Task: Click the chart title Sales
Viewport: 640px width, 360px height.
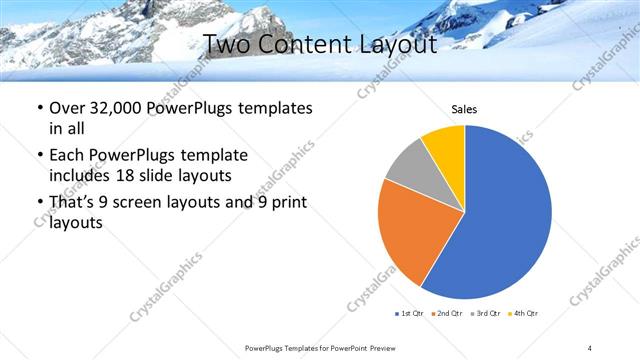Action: click(x=464, y=109)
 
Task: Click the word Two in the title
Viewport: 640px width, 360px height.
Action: click(x=229, y=44)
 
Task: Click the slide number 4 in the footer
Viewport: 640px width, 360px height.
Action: click(x=590, y=347)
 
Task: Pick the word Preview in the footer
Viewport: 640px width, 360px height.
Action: click(x=391, y=347)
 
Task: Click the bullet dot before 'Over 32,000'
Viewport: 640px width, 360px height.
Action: click(x=39, y=108)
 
